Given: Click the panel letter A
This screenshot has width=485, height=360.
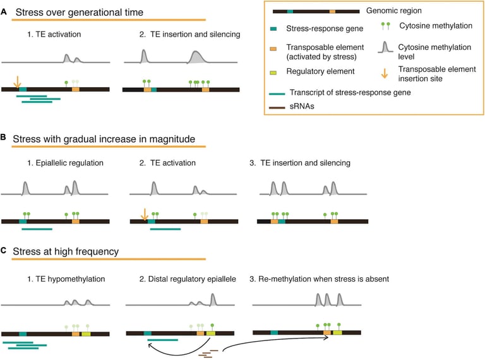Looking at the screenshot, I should point(4,11).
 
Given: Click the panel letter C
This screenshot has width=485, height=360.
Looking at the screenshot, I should point(4,251).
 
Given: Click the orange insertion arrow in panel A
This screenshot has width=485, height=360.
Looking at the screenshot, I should point(17,81).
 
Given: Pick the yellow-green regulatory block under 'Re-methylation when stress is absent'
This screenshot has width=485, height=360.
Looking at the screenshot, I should point(338,332).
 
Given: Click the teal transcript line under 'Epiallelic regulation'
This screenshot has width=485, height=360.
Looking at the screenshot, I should point(37,229).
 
